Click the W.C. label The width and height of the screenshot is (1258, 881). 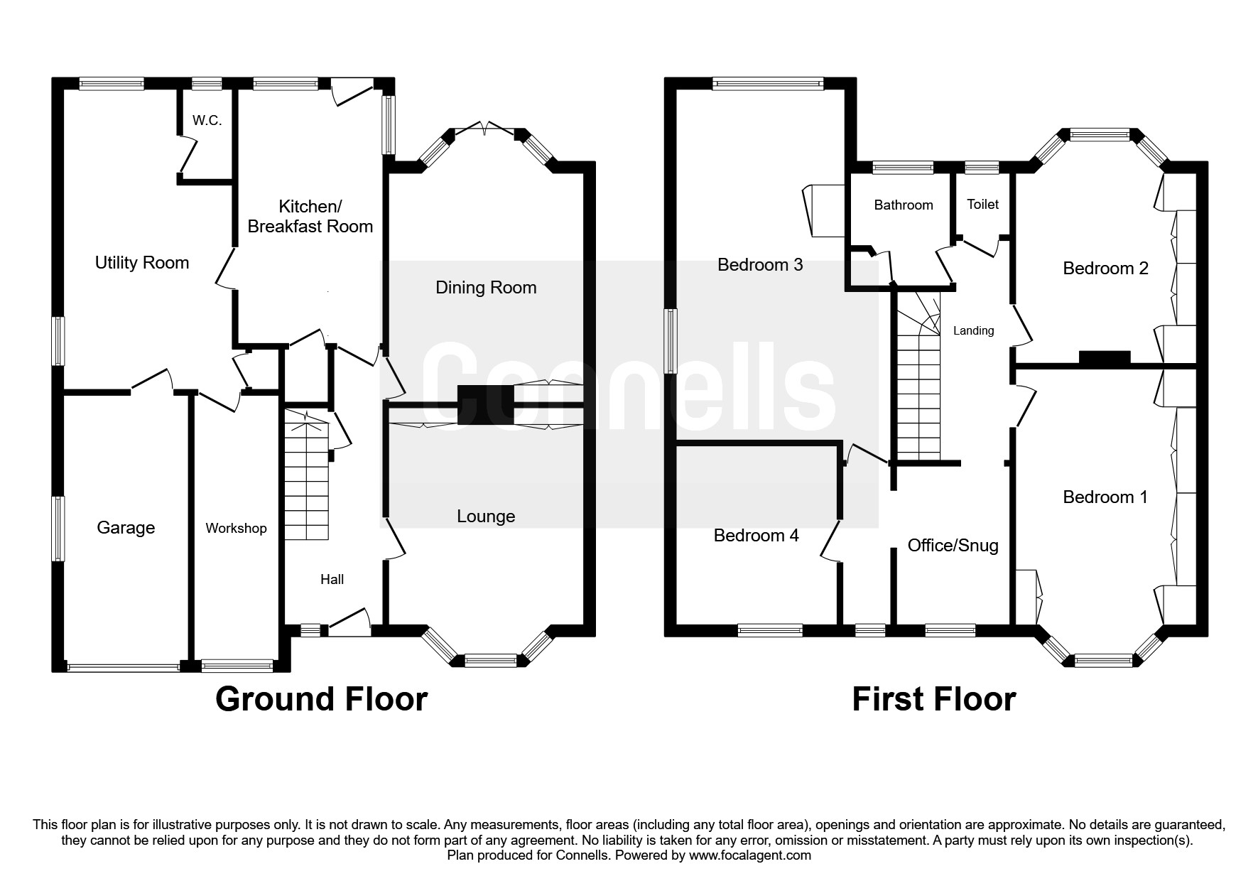(207, 121)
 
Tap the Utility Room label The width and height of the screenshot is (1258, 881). (142, 263)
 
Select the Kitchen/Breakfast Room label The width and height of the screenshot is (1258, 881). (310, 217)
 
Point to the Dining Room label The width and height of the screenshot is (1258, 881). (486, 288)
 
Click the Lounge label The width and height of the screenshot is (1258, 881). (486, 517)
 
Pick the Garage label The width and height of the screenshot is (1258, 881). (126, 528)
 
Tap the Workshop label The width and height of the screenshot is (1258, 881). (236, 529)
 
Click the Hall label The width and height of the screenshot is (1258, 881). (332, 580)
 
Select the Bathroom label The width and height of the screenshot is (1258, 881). (904, 205)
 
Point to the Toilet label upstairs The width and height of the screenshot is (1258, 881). (983, 205)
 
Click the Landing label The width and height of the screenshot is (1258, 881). (973, 330)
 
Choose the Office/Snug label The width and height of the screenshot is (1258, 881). (953, 546)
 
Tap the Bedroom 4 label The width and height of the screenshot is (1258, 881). (757, 536)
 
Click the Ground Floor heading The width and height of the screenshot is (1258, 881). (321, 699)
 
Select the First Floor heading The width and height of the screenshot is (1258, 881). (934, 699)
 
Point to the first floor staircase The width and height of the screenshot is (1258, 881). (918, 376)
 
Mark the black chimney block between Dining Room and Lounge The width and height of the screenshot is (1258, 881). (485, 405)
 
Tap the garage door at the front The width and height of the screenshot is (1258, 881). (124, 668)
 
